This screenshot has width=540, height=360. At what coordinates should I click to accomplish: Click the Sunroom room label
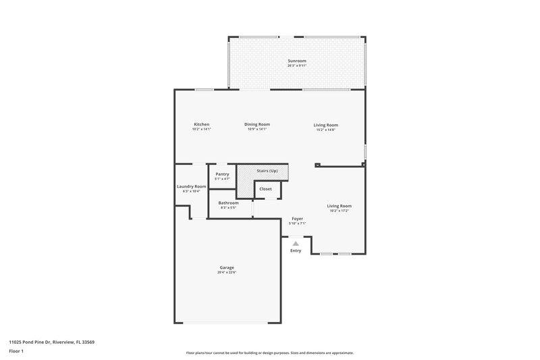[x=296, y=61]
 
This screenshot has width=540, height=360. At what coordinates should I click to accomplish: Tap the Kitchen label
[x=201, y=124]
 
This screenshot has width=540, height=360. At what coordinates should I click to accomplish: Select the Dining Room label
[x=256, y=124]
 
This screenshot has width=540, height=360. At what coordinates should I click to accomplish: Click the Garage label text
[x=226, y=267]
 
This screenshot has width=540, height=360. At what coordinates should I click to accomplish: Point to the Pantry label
[x=222, y=174]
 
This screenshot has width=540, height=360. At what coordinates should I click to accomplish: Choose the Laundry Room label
[x=191, y=186]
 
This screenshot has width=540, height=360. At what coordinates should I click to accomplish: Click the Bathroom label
[x=227, y=203]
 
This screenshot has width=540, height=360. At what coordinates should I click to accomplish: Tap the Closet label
[x=265, y=189]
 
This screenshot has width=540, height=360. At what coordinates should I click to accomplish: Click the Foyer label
[x=297, y=218]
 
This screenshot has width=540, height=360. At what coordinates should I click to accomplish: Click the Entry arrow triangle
[x=296, y=243]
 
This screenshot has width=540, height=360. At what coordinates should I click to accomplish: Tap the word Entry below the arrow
[x=296, y=251]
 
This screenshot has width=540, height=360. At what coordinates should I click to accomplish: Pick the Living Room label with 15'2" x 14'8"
[x=325, y=125]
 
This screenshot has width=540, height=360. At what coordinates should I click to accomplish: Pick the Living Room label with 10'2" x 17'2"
[x=339, y=206]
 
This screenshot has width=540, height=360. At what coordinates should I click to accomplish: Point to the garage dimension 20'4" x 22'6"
[x=226, y=272]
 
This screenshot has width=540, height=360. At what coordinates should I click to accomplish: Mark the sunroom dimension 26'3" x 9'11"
[x=296, y=66]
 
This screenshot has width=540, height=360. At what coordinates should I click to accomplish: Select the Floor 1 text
[x=17, y=352]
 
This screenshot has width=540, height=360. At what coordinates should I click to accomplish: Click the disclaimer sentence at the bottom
[x=269, y=353]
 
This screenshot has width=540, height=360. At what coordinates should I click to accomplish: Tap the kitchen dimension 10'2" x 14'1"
[x=201, y=129]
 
